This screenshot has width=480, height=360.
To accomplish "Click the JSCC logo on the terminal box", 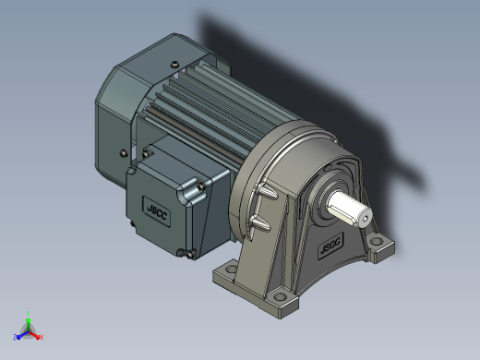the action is click(157, 211).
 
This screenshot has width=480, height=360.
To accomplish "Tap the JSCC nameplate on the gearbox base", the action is click(330, 246).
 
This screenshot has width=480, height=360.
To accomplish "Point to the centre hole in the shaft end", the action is click(366, 219).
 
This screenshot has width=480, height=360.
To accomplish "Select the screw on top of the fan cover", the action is click(174, 65).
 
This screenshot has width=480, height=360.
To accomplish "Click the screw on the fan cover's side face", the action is click(124, 153).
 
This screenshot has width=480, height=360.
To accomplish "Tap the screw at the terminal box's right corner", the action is click(201, 186).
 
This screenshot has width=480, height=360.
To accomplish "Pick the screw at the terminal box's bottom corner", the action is click(189, 255).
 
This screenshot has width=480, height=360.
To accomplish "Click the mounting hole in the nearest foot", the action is click(280, 297).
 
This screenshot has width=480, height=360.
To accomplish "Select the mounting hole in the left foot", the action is click(232, 269).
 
